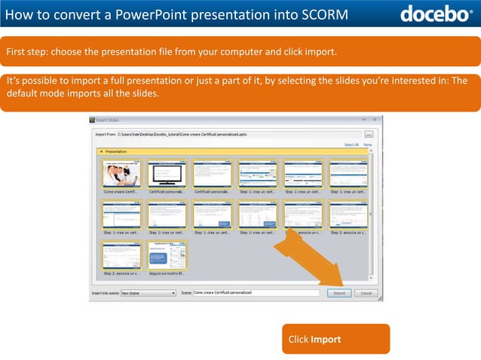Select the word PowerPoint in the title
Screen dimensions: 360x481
click(x=153, y=14)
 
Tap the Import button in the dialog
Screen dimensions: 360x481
click(x=339, y=292)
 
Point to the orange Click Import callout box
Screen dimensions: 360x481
click(x=335, y=339)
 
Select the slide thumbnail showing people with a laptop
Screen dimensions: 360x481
click(x=121, y=173)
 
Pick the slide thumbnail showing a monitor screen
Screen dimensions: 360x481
click(x=167, y=173)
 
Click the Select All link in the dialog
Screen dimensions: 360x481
click(x=351, y=145)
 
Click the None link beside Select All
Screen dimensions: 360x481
click(x=368, y=145)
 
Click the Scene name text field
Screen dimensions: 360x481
click(x=256, y=292)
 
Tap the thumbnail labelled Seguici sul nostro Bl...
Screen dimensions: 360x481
click(x=167, y=256)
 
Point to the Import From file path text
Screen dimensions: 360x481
click(x=181, y=134)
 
